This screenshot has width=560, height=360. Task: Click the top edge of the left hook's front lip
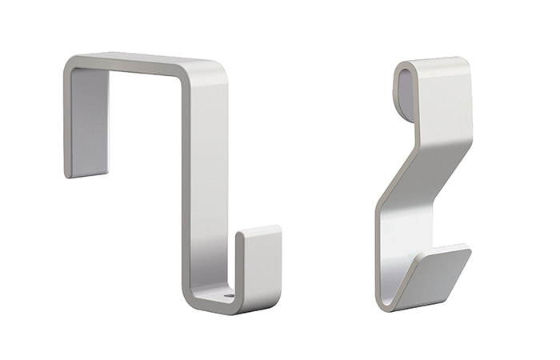(260, 230)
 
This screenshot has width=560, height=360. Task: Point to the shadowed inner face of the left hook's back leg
(89, 120)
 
